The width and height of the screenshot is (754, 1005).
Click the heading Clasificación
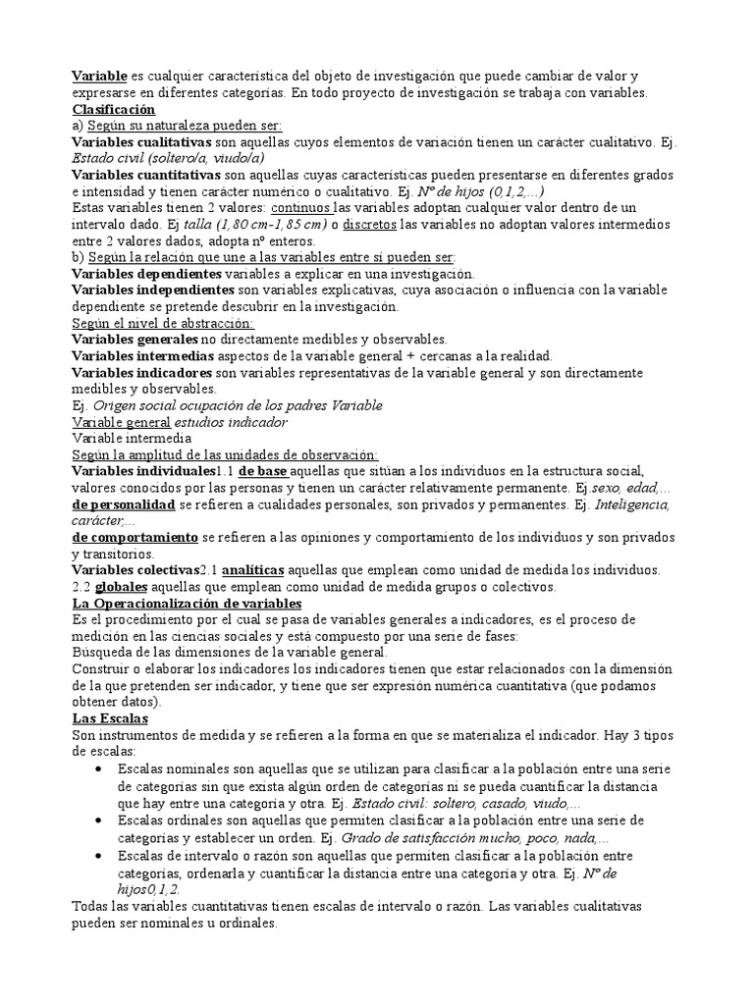pos(114,109)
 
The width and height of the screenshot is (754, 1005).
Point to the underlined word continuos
pos(301,207)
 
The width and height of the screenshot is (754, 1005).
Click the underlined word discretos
pos(371,224)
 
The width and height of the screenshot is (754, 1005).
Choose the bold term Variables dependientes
pos(147,273)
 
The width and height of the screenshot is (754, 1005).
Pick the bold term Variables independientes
pos(153,290)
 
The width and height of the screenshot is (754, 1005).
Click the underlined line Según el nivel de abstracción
pos(163,323)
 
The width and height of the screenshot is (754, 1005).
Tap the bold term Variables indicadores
pos(142,373)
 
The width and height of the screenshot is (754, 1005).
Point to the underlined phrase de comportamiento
pos(135,538)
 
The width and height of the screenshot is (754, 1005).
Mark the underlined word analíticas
pos(253,570)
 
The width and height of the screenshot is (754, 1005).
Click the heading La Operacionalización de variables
pos(187,604)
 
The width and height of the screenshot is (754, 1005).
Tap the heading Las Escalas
pos(110,718)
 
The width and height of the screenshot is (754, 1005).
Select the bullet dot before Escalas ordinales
pos(99,819)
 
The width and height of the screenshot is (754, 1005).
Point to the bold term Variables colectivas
pos(135,570)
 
